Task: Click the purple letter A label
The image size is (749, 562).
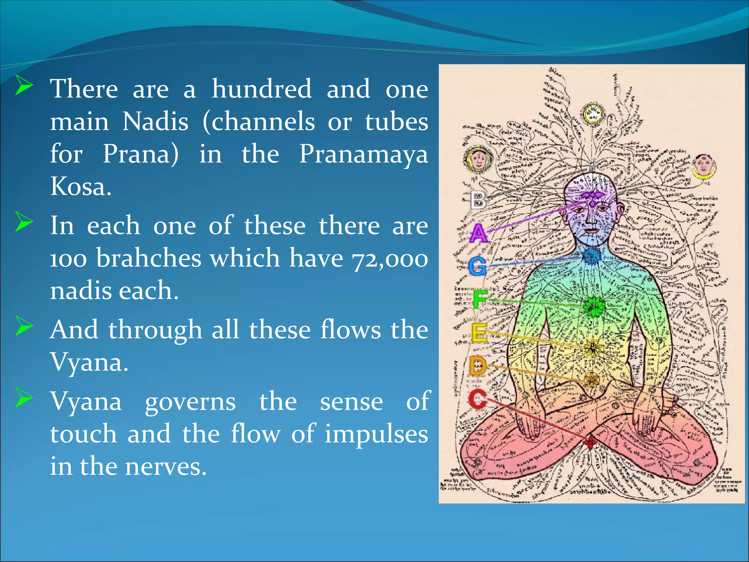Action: [x=478, y=233]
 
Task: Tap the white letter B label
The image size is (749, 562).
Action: [x=478, y=200]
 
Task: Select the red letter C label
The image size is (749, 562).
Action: [x=478, y=400]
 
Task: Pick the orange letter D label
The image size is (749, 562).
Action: [x=478, y=366]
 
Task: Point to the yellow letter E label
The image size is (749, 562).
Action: [x=479, y=333]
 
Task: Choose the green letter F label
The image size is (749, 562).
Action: [x=479, y=300]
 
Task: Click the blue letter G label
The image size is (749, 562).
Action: [x=478, y=266]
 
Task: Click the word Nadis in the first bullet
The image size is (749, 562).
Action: [x=155, y=121]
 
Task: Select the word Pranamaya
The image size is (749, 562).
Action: [x=363, y=154]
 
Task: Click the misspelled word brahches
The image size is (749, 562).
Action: [x=149, y=258]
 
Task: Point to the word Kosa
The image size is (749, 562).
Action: [x=80, y=187]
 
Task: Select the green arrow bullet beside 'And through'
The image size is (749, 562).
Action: [x=24, y=327]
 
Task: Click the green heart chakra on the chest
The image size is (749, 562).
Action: [x=592, y=307]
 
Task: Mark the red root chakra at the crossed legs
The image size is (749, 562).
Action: [x=590, y=442]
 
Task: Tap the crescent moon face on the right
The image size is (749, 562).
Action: [x=703, y=167]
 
